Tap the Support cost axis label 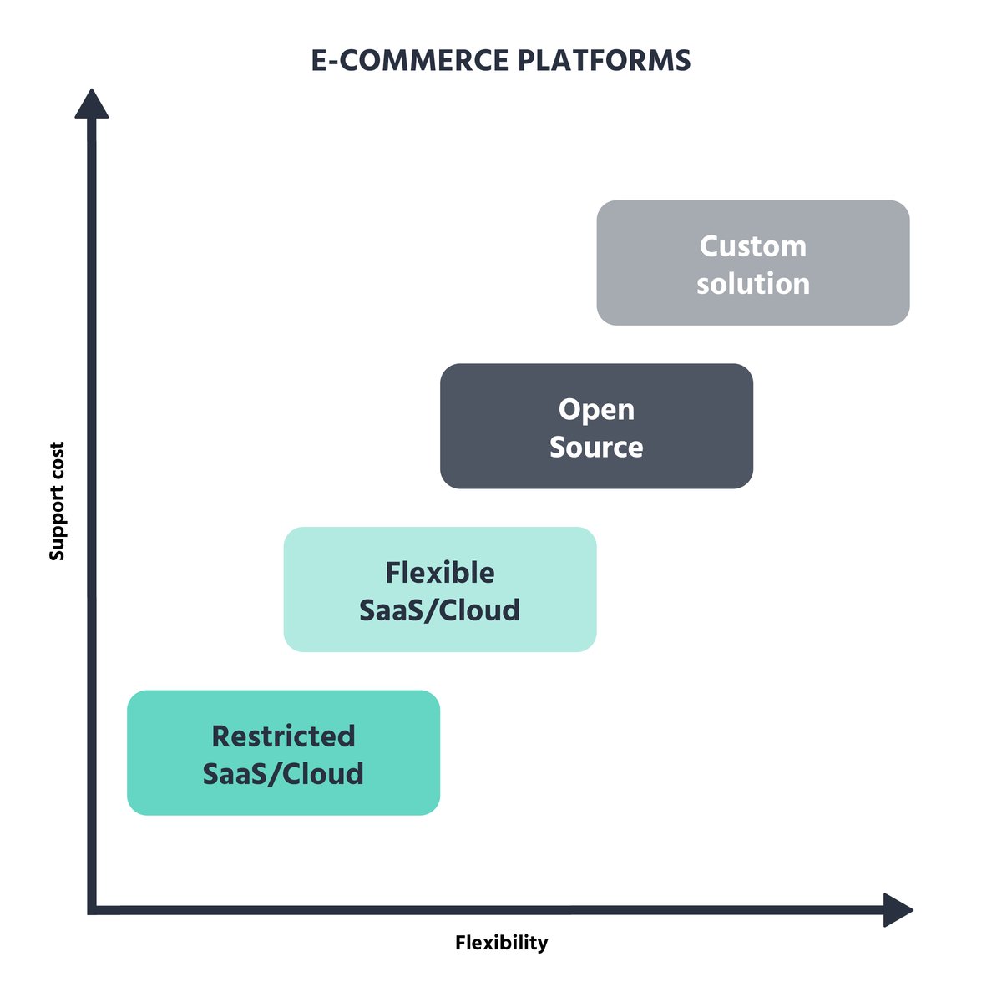(x=57, y=501)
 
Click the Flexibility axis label (x=501, y=943)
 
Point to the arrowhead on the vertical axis (x=92, y=105)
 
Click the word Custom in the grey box (x=752, y=246)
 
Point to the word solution (x=752, y=284)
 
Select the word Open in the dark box (x=596, y=410)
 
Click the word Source (x=596, y=448)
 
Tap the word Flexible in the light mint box (x=439, y=573)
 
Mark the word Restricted (x=283, y=736)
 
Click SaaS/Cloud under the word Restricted (x=283, y=774)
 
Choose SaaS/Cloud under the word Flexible (x=439, y=610)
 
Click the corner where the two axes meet (x=92, y=909)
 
